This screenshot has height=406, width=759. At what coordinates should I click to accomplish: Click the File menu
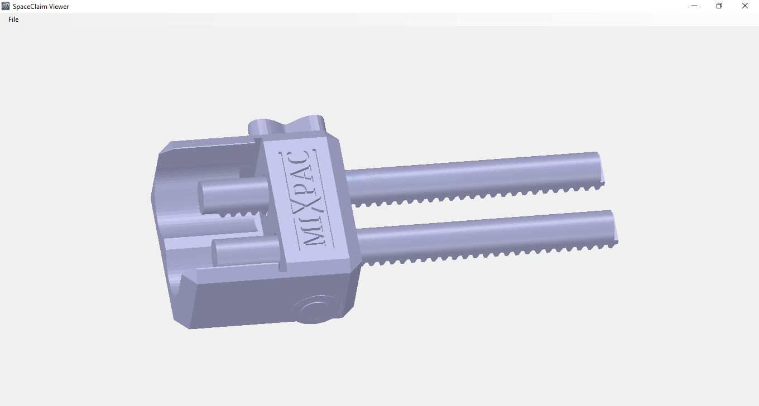[x=13, y=20]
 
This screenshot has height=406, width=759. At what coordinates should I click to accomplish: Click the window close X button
[x=744, y=6]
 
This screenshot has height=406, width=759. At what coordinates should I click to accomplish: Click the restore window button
[x=719, y=6]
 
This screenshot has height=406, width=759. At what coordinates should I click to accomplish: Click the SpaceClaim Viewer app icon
[x=6, y=6]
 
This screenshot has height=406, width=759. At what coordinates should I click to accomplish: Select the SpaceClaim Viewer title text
[x=41, y=7]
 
